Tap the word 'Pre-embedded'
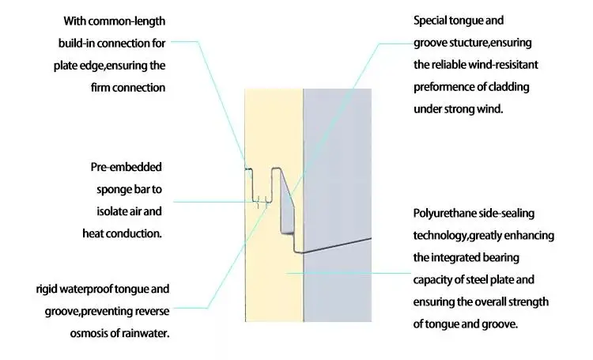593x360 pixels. coord(127,168)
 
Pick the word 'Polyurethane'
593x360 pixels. coord(447,214)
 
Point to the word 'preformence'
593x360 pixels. coord(448,87)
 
